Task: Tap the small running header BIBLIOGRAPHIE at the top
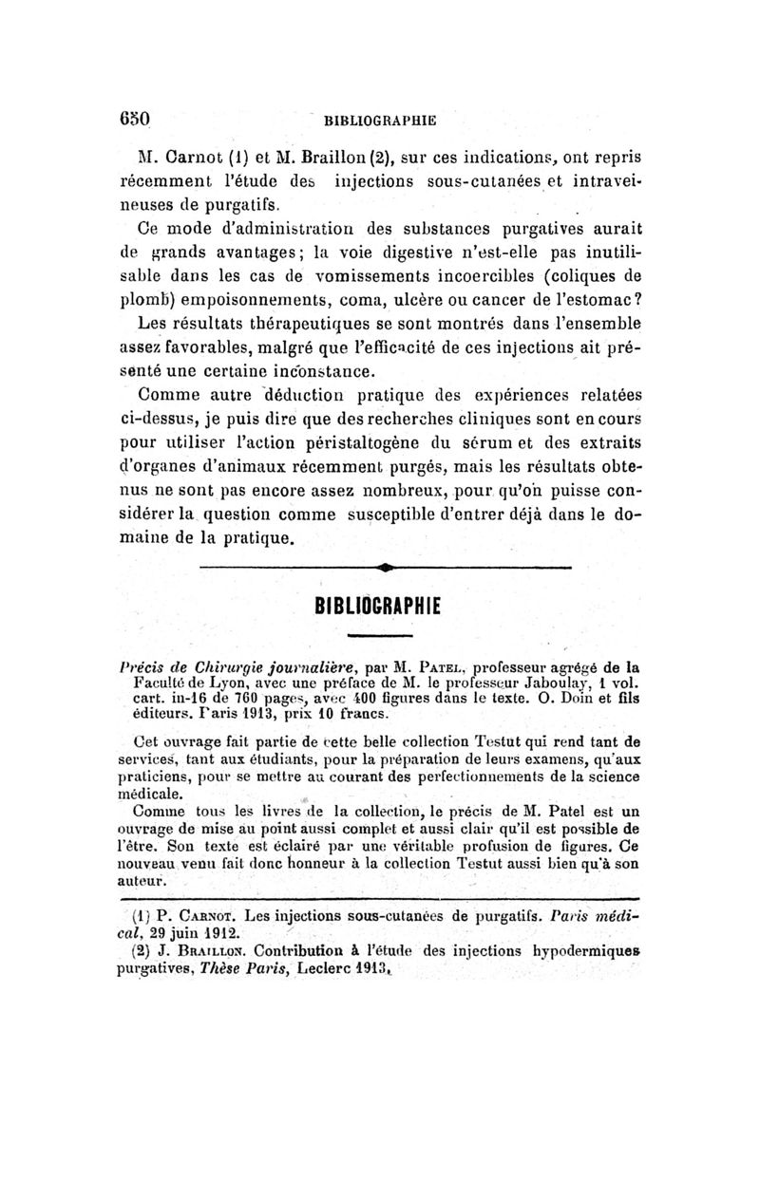(x=380, y=122)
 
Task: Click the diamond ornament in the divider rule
(x=386, y=569)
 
